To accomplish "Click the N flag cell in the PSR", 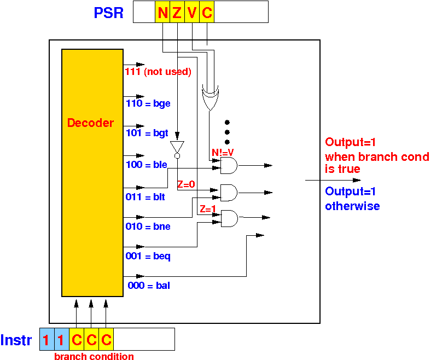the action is point(162,11).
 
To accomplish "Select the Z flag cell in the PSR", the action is point(177,11).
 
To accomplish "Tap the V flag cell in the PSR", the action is point(192,11).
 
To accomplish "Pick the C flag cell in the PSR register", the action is point(207,11).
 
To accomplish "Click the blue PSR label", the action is point(108,13).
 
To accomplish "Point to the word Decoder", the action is point(90,123).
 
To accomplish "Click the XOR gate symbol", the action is point(210,97).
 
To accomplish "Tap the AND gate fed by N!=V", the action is point(229,165).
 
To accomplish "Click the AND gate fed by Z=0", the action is point(229,193).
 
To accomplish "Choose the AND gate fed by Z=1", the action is point(229,219).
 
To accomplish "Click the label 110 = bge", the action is point(148,103).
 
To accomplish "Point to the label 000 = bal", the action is point(149,286).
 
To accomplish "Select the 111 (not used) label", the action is point(158,72).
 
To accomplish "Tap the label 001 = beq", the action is point(148,256).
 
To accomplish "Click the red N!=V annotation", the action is point(223,152).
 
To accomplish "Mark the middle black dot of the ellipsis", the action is point(227,132).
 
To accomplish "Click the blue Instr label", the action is point(16,340).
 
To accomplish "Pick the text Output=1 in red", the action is point(350,142).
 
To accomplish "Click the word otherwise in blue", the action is point(352,206).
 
